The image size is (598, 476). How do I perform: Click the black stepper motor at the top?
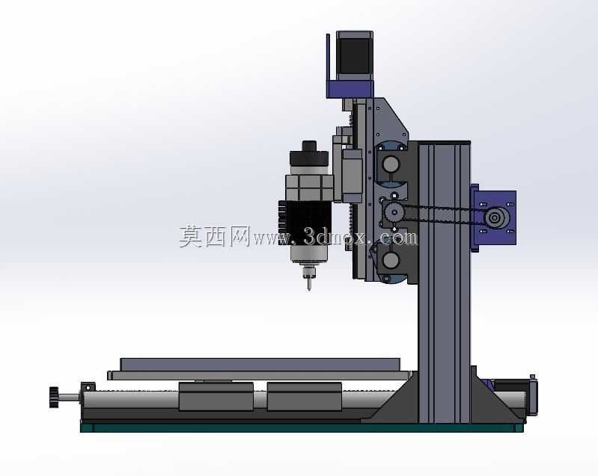(354, 55)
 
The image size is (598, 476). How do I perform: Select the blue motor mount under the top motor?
(350, 89)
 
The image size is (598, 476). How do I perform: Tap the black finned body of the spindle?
(305, 223)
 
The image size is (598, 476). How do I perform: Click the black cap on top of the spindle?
(309, 154)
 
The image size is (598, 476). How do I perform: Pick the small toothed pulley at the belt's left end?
(392, 211)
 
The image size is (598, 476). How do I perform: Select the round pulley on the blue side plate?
(495, 217)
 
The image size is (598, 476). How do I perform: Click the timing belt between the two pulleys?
(442, 214)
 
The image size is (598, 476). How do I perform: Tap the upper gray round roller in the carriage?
(391, 164)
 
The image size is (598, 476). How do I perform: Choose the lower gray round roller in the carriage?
(391, 260)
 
